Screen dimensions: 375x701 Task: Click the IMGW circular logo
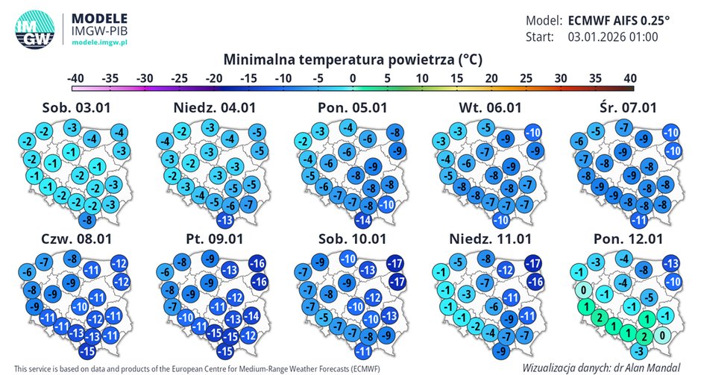tap(34, 30)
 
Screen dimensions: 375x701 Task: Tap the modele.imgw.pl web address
tap(99, 43)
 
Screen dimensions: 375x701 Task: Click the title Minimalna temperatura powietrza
tap(350, 59)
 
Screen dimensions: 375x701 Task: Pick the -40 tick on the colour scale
tap(75, 78)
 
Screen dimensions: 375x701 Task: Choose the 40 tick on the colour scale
tap(629, 78)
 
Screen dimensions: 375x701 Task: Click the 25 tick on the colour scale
tap(526, 78)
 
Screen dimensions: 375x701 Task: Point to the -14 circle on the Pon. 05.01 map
tap(364, 220)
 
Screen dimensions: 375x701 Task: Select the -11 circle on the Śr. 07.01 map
tap(638, 220)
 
